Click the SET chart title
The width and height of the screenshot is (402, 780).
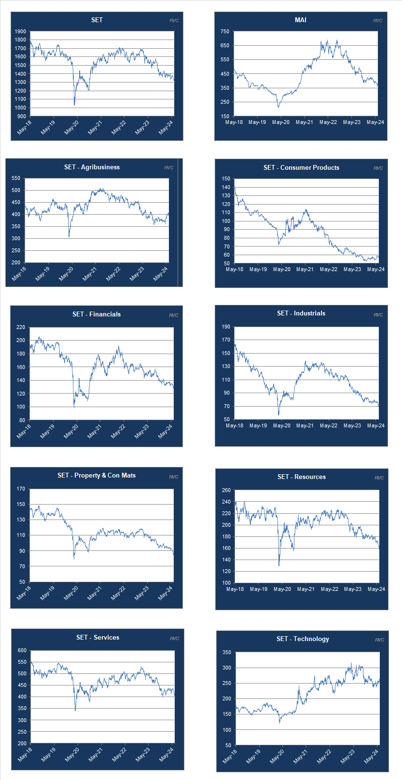pyautogui.click(x=97, y=20)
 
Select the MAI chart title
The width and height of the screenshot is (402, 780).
pyautogui.click(x=300, y=20)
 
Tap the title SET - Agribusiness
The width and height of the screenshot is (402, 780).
pyautogui.click(x=92, y=167)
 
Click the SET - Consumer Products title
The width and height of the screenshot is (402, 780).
pyautogui.click(x=301, y=167)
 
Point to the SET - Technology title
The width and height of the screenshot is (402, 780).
pyautogui.click(x=303, y=639)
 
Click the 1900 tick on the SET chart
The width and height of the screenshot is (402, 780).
pyautogui.click(x=20, y=31)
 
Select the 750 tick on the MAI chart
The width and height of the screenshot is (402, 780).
pyautogui.click(x=225, y=31)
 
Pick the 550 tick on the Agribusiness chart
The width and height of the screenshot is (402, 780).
pyautogui.click(x=16, y=178)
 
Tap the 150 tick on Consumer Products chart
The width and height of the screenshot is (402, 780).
pyautogui.click(x=226, y=178)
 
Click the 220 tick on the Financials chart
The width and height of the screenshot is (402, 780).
pyautogui.click(x=20, y=327)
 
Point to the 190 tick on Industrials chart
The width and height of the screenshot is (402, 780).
pyautogui.click(x=226, y=327)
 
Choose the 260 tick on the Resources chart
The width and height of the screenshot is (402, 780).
pyautogui.click(x=226, y=490)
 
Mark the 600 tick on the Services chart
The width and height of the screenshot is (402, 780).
pyautogui.click(x=22, y=650)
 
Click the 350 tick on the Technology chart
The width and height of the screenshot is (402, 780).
pyautogui.click(x=226, y=652)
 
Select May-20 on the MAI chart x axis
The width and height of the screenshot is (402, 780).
pyautogui.click(x=281, y=123)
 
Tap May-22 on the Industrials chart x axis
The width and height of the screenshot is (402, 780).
pyautogui.click(x=329, y=425)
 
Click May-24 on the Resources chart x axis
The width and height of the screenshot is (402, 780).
pyautogui.click(x=376, y=589)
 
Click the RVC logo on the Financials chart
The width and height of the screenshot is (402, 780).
pyautogui.click(x=173, y=315)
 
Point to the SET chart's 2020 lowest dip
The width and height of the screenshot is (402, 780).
pyautogui.click(x=74, y=105)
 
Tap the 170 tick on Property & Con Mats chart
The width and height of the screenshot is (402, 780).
pyautogui.click(x=20, y=489)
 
